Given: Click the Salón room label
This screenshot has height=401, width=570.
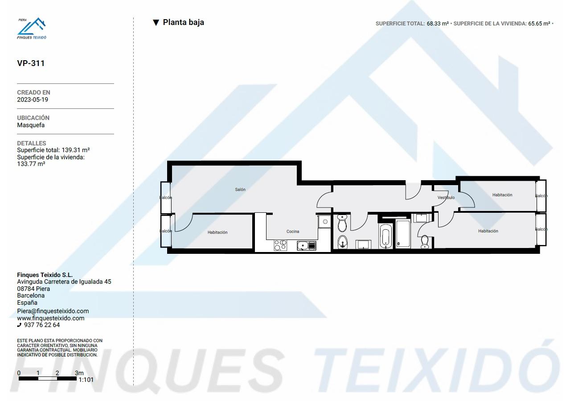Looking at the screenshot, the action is [240, 190].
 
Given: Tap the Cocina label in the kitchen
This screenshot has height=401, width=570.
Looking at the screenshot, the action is [293, 232].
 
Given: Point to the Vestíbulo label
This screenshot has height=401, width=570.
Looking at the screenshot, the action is [446, 198].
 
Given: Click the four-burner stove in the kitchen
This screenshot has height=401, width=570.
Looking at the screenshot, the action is [280, 245].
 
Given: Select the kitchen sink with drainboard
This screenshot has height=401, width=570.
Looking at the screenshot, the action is [306, 246].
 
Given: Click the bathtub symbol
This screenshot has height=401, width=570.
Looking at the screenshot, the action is [385, 236].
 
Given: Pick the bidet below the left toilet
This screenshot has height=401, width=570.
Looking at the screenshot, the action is [343, 241].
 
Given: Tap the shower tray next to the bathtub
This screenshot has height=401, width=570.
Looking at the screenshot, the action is [403, 234].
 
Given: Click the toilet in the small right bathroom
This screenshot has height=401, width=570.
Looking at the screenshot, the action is [424, 241].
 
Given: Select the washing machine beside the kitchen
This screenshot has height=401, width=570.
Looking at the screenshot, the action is [324, 222].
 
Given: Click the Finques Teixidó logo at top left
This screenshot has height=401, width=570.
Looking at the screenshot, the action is [32, 28].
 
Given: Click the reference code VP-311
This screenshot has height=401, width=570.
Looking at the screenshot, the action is [31, 63].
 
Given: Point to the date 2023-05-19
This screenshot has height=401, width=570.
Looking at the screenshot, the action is [33, 99].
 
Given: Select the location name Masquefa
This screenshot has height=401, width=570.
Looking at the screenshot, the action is [31, 125].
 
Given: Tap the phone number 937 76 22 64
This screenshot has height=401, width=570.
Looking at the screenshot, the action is [42, 325].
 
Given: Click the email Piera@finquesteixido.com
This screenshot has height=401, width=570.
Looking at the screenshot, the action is [53, 311].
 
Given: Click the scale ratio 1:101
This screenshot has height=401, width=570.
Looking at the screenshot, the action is [86, 380].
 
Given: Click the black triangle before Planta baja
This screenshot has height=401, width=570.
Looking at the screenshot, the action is [156, 23].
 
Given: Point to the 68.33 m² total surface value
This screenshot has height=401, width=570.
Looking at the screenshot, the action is [438, 24].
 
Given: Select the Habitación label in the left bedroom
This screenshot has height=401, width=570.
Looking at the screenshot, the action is [217, 232].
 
